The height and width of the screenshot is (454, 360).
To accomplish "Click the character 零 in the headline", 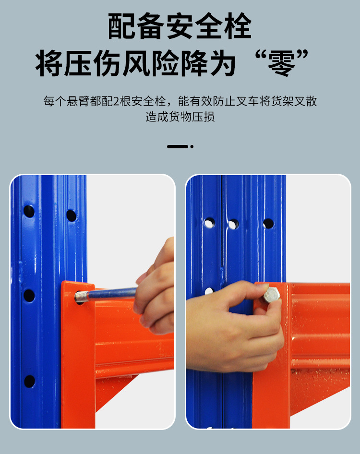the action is (281, 63).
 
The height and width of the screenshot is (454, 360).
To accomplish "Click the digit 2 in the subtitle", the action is (116, 101).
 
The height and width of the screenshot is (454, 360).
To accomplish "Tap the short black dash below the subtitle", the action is (177, 146).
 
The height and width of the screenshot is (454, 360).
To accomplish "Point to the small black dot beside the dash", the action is (192, 146).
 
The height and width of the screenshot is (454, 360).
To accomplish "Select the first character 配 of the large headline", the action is (122, 26).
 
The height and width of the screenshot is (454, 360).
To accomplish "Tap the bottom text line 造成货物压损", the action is (180, 117).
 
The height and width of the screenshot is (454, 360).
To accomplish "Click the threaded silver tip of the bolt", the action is (81, 297).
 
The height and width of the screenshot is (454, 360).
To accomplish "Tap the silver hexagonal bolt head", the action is (272, 295).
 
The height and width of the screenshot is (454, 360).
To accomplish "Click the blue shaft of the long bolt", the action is (112, 293).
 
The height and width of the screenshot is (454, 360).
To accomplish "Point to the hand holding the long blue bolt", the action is (155, 287).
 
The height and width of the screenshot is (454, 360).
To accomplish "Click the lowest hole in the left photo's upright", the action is (29, 382).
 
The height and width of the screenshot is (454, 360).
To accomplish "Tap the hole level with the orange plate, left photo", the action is (29, 295).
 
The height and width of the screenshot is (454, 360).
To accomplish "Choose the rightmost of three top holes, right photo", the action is (268, 224).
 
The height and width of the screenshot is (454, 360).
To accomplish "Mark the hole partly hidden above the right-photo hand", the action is (209, 291).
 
